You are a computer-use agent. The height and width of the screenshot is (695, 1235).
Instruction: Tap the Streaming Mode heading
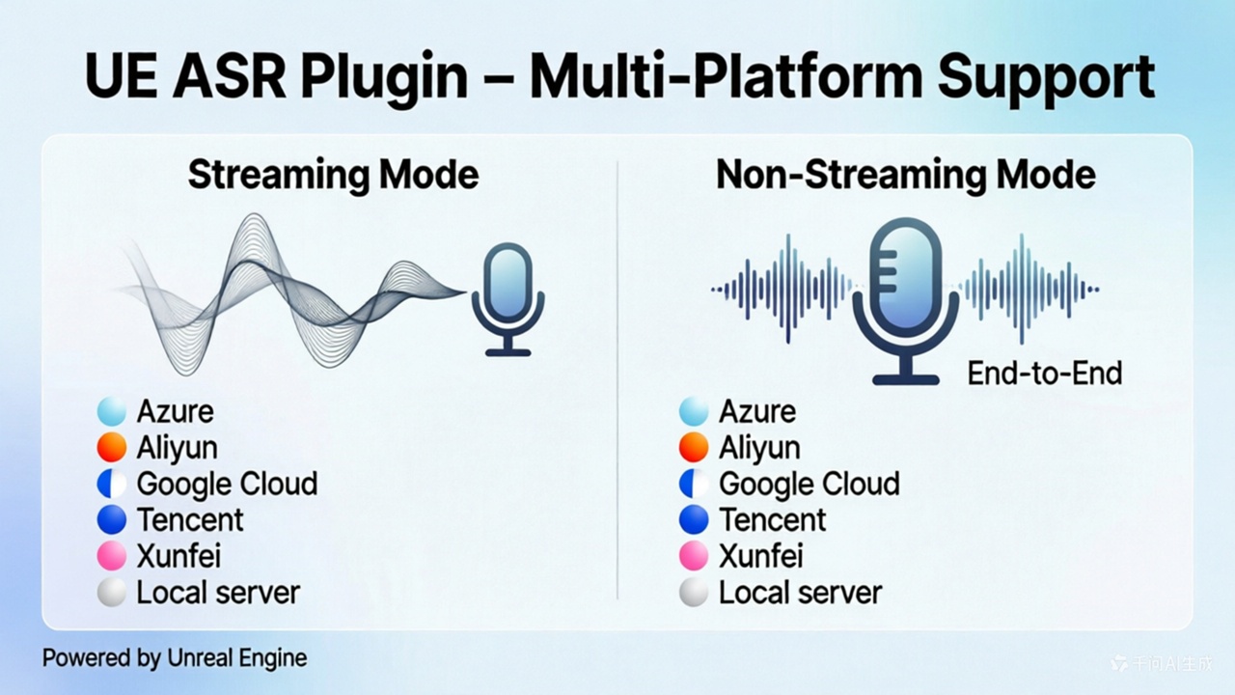pos(333,176)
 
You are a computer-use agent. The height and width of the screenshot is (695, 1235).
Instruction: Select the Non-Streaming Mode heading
pos(906,176)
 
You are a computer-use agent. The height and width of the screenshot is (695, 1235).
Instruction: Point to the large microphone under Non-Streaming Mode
pos(906,300)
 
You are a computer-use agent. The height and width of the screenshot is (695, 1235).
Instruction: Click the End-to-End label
pos(1045,374)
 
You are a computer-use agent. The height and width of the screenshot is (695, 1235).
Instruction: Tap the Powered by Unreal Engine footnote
pos(175,658)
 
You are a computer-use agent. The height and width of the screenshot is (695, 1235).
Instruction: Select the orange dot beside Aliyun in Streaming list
pos(111,447)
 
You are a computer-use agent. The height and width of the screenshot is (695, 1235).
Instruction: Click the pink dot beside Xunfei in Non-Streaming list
pos(694,555)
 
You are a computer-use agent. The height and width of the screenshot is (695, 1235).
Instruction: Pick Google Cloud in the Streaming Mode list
pos(227,484)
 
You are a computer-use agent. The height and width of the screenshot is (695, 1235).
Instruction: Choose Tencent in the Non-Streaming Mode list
pos(773,519)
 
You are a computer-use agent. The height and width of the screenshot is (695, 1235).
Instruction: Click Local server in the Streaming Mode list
pos(218,593)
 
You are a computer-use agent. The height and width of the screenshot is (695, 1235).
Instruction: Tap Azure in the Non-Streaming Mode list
pos(757,411)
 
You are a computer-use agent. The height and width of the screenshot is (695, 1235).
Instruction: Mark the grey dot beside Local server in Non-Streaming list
pos(694,593)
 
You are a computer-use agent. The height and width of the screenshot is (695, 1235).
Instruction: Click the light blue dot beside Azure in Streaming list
pos(111,411)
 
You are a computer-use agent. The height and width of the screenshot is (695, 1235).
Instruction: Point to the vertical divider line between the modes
pos(617,380)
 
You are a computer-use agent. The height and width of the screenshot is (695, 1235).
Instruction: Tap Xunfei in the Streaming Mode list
pos(178,555)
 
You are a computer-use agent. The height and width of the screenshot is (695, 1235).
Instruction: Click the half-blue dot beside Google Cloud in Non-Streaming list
pos(694,484)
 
